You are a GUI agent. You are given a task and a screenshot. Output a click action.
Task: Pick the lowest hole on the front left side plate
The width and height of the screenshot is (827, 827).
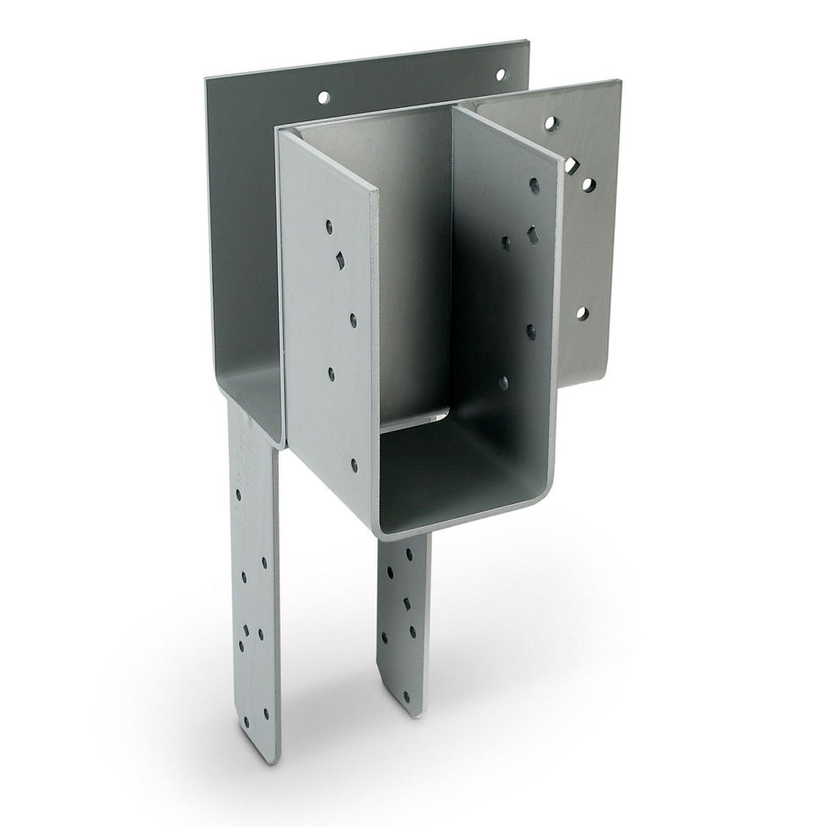click(x=355, y=465)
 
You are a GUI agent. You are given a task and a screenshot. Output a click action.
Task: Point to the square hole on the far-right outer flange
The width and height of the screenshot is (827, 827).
click(x=571, y=164)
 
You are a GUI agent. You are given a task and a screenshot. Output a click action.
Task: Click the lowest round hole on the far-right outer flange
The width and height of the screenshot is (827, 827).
click(x=582, y=312)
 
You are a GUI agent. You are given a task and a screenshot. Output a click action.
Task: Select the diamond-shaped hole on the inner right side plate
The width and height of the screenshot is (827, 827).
click(x=531, y=235)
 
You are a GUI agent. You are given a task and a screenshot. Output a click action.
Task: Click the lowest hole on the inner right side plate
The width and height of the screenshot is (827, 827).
click(x=503, y=383)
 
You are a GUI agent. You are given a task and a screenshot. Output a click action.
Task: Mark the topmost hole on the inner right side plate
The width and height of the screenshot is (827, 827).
click(x=534, y=185)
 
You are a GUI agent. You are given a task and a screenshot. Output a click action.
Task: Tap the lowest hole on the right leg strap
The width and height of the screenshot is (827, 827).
click(x=406, y=696)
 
